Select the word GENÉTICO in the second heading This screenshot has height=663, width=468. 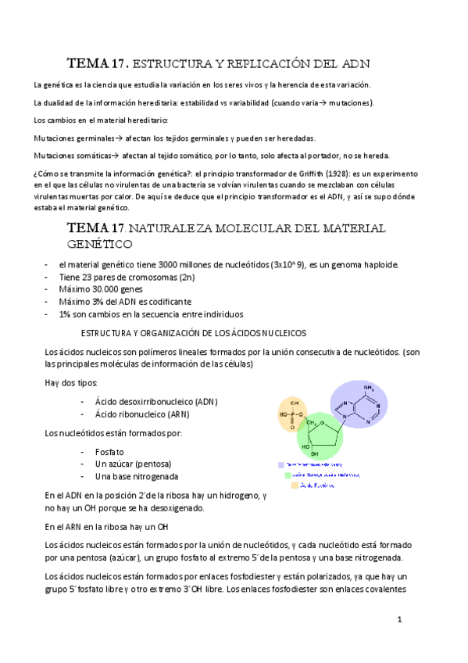point(96,244)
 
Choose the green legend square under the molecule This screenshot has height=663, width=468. point(288,474)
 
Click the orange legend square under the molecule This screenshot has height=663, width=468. point(295,485)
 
